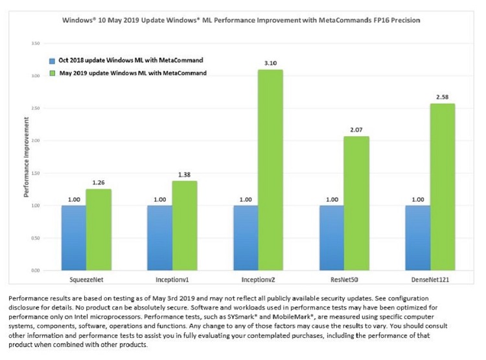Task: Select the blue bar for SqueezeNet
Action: (74, 237)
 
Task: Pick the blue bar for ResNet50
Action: (331, 237)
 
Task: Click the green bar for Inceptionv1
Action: (185, 225)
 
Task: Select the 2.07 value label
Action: (356, 130)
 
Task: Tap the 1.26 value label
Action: (99, 182)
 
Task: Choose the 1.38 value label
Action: (185, 174)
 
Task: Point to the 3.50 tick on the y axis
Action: (35, 43)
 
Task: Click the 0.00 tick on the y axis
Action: (35, 270)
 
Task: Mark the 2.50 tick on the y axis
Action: (35, 108)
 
